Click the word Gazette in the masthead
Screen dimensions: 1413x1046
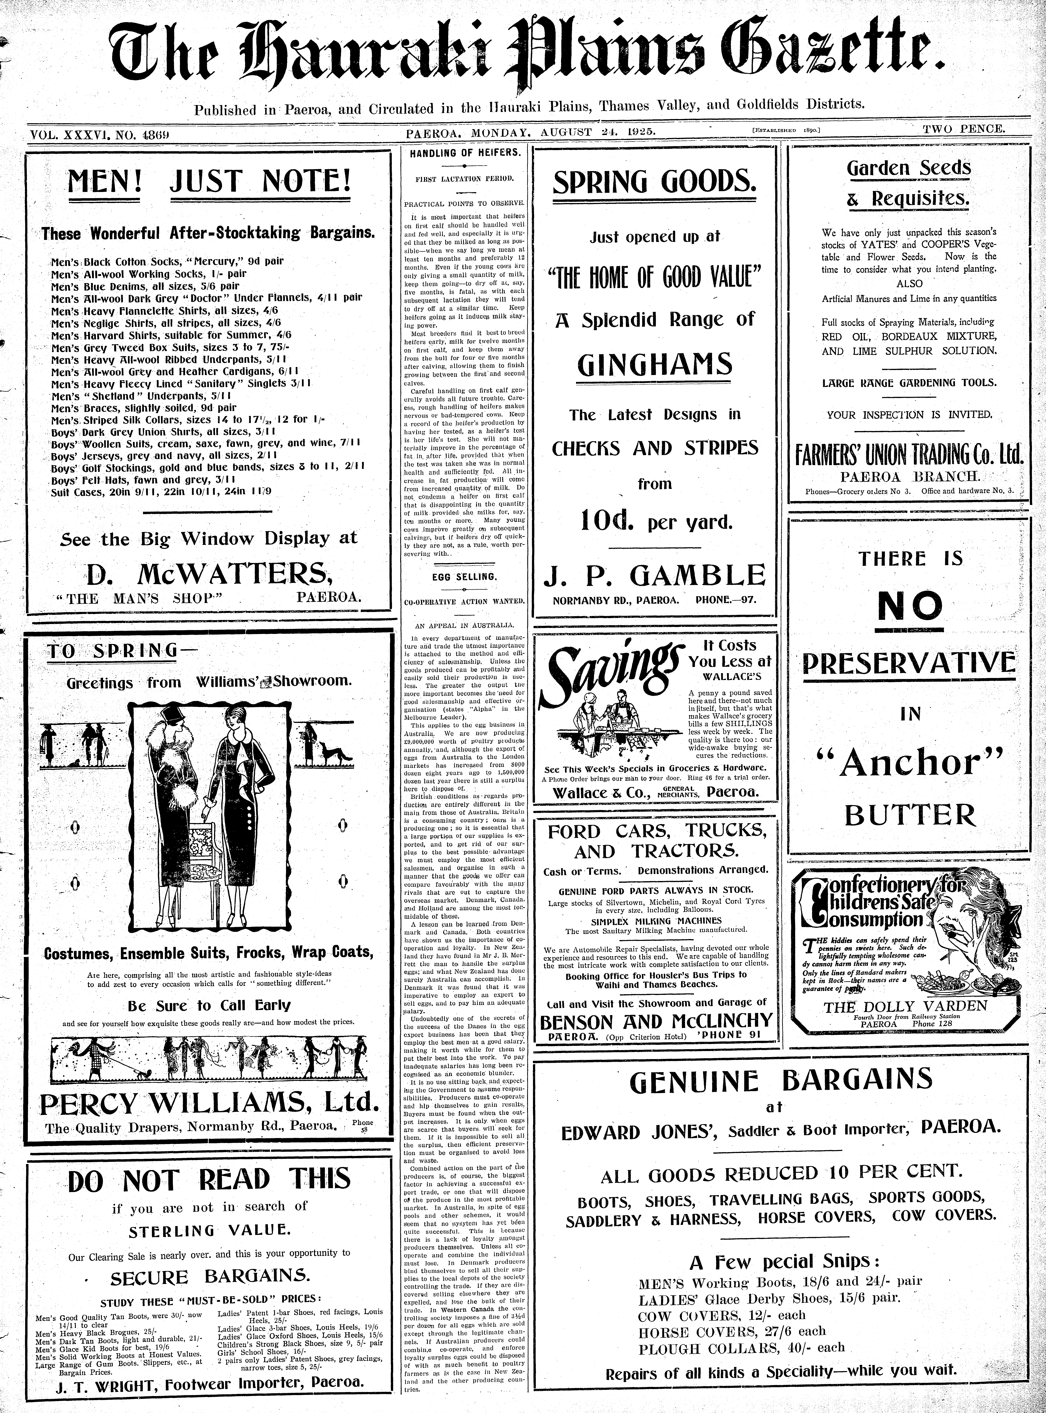tap(836, 57)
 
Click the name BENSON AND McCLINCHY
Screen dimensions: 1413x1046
tap(655, 1021)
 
